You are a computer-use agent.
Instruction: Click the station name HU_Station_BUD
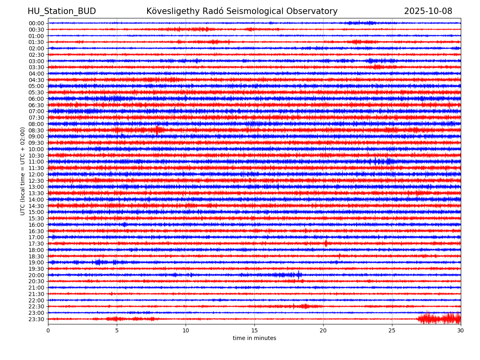pos(62,11)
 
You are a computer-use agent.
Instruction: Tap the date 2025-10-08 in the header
pos(428,11)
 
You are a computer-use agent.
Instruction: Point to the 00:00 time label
pos(36,23)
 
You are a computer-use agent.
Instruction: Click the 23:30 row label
pos(36,319)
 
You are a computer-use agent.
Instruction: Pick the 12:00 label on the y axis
pos(36,174)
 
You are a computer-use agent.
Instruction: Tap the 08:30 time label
pos(36,130)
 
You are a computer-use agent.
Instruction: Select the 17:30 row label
pos(36,244)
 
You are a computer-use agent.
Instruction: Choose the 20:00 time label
pos(36,275)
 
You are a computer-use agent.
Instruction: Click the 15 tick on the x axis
pos(254,330)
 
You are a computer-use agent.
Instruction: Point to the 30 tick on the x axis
pos(461,330)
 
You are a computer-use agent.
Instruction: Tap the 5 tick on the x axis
pos(117,330)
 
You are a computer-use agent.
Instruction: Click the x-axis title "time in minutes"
pos(254,338)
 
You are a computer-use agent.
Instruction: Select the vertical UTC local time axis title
pos(23,171)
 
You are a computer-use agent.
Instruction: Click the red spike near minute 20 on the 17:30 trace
pos(326,243)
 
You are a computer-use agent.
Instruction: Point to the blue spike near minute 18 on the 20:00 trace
pos(299,274)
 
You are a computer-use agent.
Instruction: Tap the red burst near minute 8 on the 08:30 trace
pos(157,130)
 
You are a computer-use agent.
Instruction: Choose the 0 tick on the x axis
pos(48,330)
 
